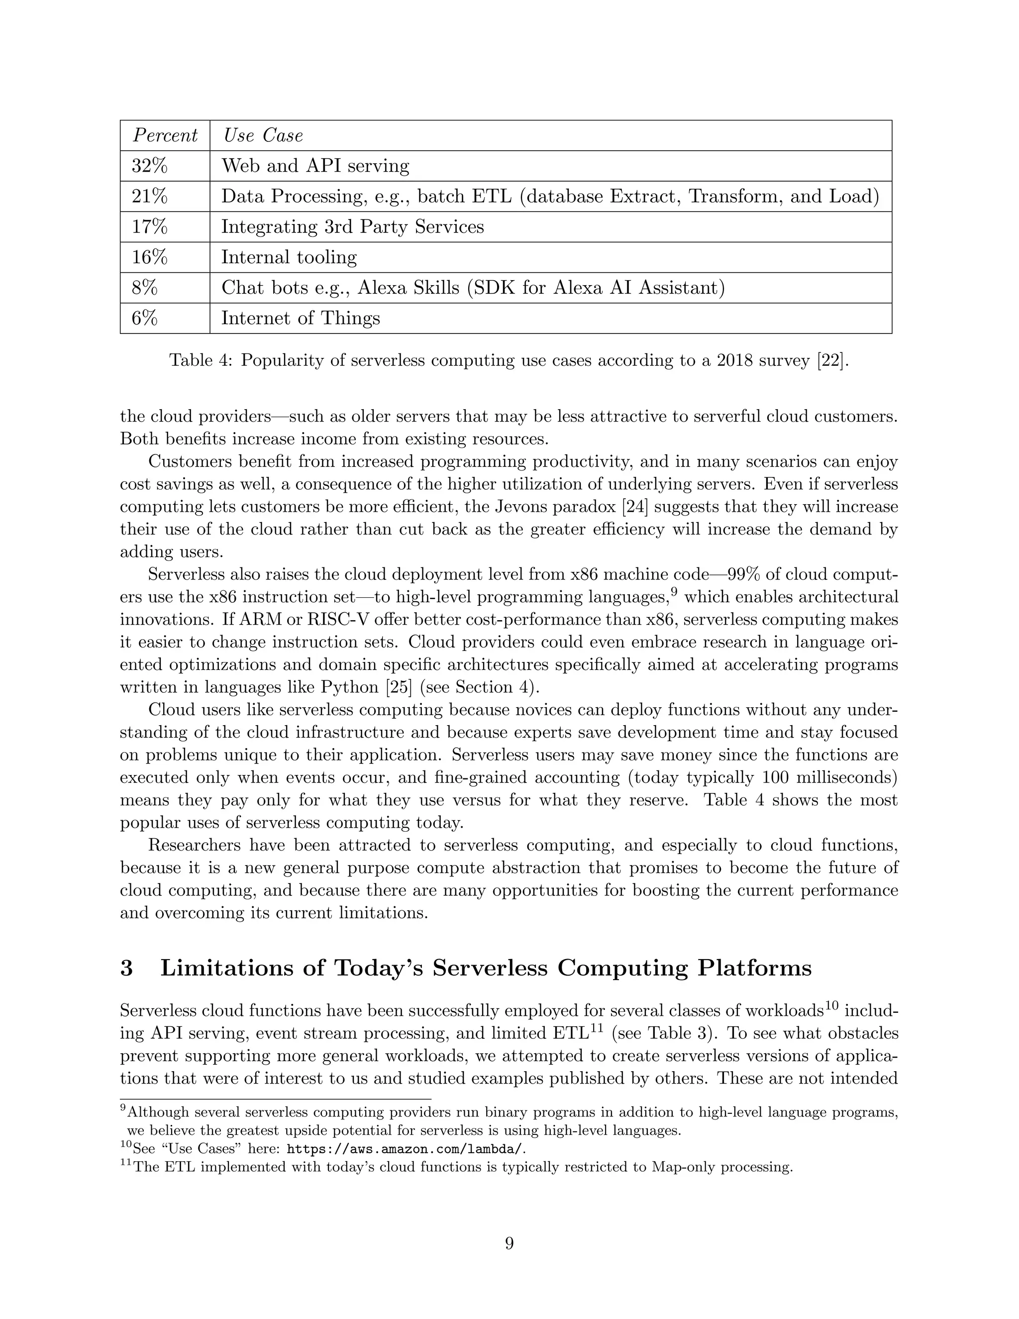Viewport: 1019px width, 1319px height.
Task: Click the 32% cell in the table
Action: (149, 165)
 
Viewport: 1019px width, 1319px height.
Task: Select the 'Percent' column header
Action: (165, 135)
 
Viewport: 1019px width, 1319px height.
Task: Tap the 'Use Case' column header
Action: (263, 135)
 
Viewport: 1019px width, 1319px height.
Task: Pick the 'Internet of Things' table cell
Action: (300, 318)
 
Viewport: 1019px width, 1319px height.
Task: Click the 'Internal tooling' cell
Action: (289, 257)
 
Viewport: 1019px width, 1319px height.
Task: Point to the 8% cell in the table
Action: (144, 288)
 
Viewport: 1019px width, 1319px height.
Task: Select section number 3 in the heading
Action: (126, 968)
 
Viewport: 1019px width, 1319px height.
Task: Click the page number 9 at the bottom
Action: (509, 1243)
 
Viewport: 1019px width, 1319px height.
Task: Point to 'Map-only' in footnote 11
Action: (676, 1167)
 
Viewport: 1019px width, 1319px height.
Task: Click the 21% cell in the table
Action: (149, 196)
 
